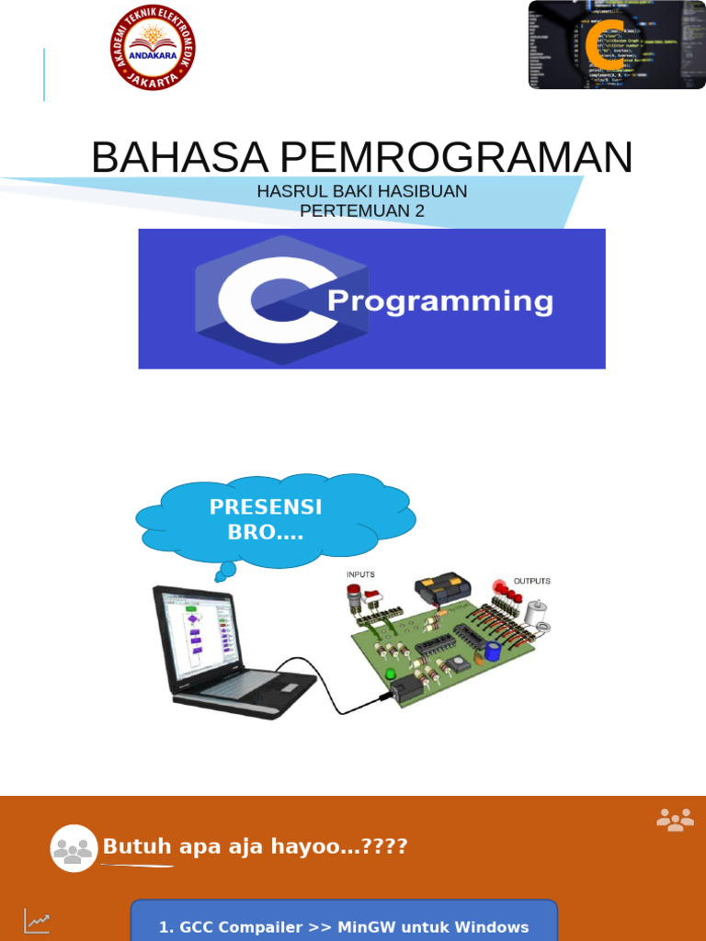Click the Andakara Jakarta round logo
(154, 47)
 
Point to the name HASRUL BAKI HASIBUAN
(362, 191)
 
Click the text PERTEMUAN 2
(362, 211)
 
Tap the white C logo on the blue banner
(268, 300)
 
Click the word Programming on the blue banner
(440, 301)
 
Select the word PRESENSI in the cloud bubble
(266, 507)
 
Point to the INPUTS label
(360, 574)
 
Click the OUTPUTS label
(531, 581)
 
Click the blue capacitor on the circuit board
(494, 651)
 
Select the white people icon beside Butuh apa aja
(74, 848)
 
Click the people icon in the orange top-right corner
(675, 820)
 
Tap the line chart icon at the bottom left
(38, 919)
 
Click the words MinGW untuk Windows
(434, 927)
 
